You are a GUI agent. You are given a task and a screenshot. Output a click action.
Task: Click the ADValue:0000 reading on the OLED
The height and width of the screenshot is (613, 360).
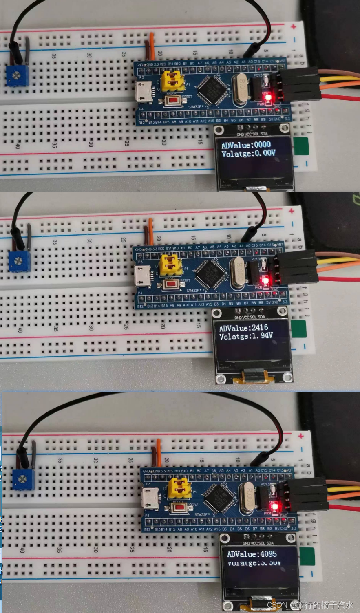246,145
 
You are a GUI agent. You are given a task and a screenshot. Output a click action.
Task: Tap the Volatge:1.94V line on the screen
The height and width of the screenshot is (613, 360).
245,336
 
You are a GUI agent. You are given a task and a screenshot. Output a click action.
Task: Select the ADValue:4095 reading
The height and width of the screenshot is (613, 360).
252,554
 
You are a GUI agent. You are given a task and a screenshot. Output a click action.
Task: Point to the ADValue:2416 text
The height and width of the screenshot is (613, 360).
243,328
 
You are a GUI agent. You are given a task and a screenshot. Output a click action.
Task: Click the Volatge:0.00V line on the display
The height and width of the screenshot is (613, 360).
248,154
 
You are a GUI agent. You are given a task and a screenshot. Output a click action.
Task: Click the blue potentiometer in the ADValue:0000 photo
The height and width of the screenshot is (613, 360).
17,75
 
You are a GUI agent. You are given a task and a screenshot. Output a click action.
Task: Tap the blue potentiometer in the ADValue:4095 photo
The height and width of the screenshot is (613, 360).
23,479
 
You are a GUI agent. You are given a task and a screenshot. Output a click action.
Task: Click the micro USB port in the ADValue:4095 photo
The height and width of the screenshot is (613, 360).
150,500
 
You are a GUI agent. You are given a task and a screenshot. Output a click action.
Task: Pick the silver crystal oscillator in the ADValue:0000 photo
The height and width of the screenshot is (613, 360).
241,88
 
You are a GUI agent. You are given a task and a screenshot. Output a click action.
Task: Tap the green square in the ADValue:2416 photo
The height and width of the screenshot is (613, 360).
298,329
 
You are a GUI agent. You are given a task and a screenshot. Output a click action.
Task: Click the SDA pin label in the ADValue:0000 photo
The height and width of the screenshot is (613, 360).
264,134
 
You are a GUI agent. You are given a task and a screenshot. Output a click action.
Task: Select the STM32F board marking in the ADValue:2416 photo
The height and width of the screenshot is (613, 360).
194,291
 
